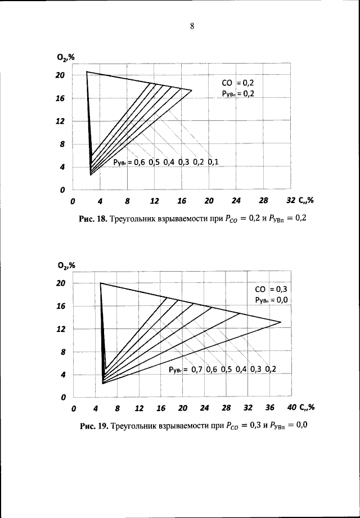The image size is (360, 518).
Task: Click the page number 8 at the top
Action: coord(192,26)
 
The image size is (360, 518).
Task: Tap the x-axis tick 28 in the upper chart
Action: coord(263,201)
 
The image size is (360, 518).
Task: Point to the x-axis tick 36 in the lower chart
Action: coord(269,408)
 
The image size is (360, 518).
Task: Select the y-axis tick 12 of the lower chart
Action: coord(61,329)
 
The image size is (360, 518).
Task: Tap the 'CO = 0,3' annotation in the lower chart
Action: coord(271,290)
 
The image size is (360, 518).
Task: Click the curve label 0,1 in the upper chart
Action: coord(213,163)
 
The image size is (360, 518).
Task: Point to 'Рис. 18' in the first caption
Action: coord(92,218)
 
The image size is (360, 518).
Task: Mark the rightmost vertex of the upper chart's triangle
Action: coord(192,90)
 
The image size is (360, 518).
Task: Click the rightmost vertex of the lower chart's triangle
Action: coord(281,322)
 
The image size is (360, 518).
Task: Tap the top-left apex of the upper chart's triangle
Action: coord(86,72)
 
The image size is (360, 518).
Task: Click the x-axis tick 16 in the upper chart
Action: coord(182,201)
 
